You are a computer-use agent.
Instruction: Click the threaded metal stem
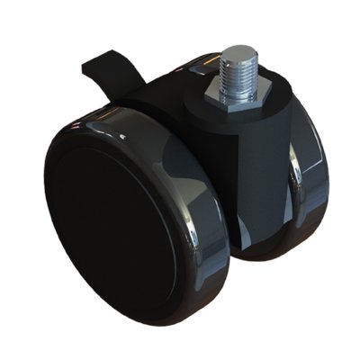[x=235, y=69]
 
